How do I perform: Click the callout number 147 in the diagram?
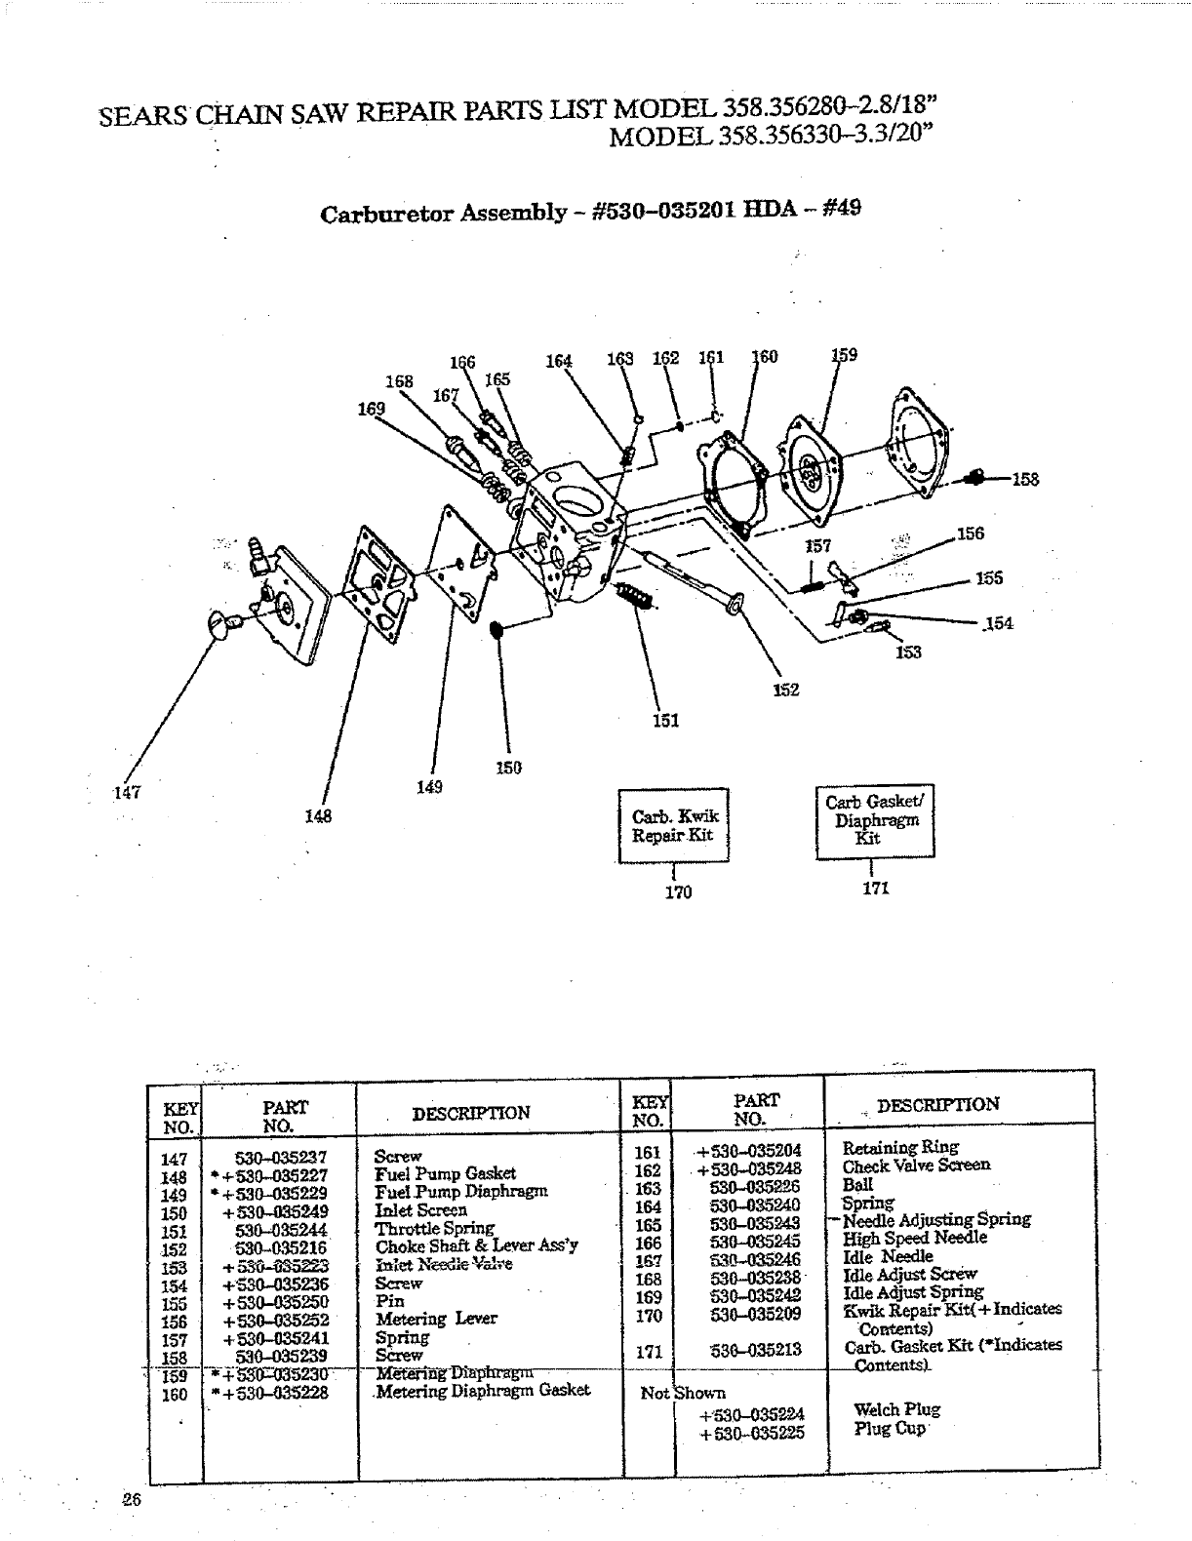pyautogui.click(x=128, y=793)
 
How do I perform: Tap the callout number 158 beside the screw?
pyautogui.click(x=1024, y=479)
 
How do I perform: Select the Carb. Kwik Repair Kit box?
pyautogui.click(x=673, y=825)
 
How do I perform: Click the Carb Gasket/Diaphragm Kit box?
pyautogui.click(x=874, y=820)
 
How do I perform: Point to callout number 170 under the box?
pyautogui.click(x=678, y=891)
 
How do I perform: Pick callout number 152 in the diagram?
pyautogui.click(x=786, y=690)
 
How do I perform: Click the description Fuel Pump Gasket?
pyautogui.click(x=445, y=1173)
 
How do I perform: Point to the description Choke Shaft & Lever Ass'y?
pyautogui.click(x=476, y=1245)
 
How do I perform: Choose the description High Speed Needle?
pyautogui.click(x=914, y=1238)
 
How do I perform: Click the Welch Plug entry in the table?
pyautogui.click(x=883, y=1409)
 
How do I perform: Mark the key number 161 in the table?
pyautogui.click(x=648, y=1152)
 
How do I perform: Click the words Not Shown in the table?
pyautogui.click(x=682, y=1393)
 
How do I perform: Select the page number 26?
pyautogui.click(x=133, y=1501)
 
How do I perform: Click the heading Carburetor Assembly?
pyautogui.click(x=444, y=213)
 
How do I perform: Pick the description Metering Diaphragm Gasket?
pyautogui.click(x=483, y=1390)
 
